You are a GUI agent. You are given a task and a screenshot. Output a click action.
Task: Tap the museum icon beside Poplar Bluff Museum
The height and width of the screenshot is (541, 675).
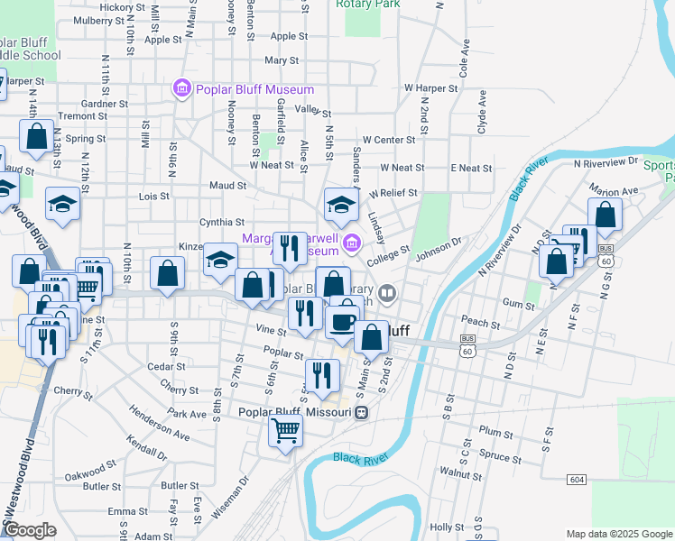click(x=181, y=88)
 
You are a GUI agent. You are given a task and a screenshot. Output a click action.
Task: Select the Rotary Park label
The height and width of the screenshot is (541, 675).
click(x=367, y=4)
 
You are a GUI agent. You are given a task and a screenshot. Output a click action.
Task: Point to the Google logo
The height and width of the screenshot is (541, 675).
click(x=29, y=529)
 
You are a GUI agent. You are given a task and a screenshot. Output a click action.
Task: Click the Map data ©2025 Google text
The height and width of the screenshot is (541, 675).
click(x=619, y=534)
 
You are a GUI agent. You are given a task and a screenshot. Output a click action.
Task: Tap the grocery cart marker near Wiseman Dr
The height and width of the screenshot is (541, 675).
click(x=285, y=430)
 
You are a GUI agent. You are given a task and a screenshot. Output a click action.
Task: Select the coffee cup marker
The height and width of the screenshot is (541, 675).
click(x=342, y=321)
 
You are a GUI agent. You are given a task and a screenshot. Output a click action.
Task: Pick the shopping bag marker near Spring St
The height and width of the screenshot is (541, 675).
click(x=36, y=136)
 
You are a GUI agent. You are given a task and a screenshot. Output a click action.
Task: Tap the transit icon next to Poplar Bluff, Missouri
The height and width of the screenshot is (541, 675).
click(x=361, y=412)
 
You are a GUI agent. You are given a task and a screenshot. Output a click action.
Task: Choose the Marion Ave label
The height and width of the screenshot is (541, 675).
click(x=614, y=191)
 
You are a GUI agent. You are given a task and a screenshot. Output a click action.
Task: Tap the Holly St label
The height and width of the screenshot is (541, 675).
click(x=447, y=527)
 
